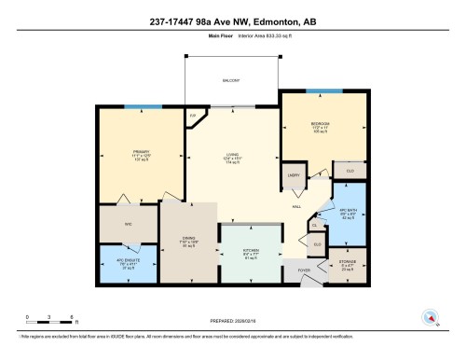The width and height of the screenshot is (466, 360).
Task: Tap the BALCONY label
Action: coord(232,81)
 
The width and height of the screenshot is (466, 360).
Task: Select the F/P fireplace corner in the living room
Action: coord(194,116)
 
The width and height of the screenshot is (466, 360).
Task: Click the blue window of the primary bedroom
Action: coord(137,105)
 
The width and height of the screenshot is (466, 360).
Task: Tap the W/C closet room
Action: coord(129,224)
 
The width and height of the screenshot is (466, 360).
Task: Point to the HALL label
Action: coord(296,207)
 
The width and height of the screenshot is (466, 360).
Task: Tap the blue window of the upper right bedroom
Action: coord(321,90)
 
